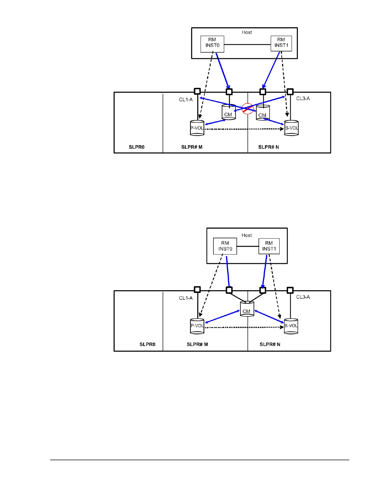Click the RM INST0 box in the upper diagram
(212, 44)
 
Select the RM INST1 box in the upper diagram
(281, 44)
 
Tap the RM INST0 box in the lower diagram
(225, 246)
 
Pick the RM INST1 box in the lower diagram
(269, 246)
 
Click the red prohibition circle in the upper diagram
(247, 109)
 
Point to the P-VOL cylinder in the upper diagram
(197, 128)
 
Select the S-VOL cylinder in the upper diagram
(291, 128)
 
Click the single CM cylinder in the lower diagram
(247, 309)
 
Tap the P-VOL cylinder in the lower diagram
(197, 326)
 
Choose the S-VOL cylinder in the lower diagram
(291, 326)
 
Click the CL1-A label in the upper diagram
(186, 100)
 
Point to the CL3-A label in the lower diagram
(303, 297)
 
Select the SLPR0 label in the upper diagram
(137, 147)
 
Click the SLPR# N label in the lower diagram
(270, 344)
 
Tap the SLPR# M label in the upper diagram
(192, 147)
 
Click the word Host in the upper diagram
(247, 32)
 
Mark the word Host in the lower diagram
(247, 235)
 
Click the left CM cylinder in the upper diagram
(229, 113)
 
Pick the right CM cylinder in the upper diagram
(263, 113)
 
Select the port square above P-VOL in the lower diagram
(197, 290)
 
